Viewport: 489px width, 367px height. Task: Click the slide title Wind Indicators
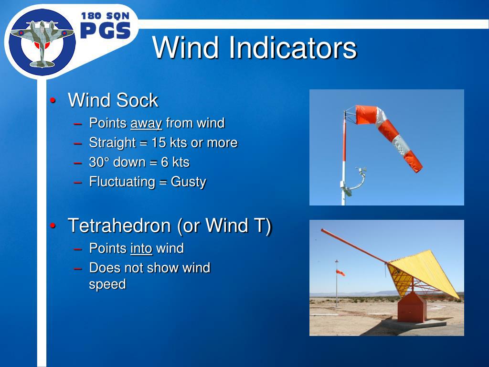click(x=254, y=48)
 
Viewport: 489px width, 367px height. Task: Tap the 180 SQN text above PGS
click(x=105, y=15)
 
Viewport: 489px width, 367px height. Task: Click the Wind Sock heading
click(x=113, y=100)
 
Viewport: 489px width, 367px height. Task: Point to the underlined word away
click(x=146, y=123)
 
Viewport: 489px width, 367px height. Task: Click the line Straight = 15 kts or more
click(x=163, y=143)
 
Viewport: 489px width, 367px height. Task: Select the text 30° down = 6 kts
click(x=139, y=162)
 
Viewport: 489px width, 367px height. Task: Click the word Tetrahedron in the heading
click(x=120, y=226)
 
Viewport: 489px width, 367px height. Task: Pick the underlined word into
click(x=141, y=248)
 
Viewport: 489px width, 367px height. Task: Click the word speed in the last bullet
click(x=107, y=284)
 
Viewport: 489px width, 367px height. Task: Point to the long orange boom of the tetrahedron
click(x=353, y=246)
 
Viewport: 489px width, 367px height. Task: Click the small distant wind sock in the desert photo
click(x=340, y=272)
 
